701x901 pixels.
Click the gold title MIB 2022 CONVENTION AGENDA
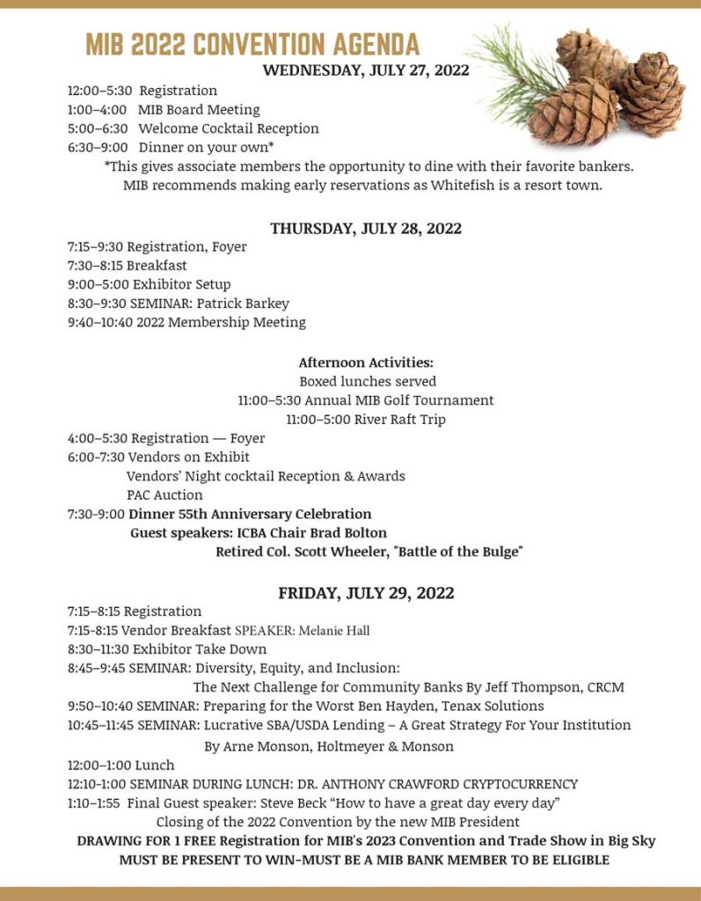(252, 44)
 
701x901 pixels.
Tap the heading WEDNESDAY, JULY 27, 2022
(366, 70)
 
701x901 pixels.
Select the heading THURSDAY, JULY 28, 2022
(366, 228)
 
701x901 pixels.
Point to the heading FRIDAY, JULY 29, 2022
(366, 592)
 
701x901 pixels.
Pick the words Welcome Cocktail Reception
(229, 128)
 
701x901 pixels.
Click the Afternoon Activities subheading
(366, 363)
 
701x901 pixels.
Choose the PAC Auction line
(164, 495)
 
